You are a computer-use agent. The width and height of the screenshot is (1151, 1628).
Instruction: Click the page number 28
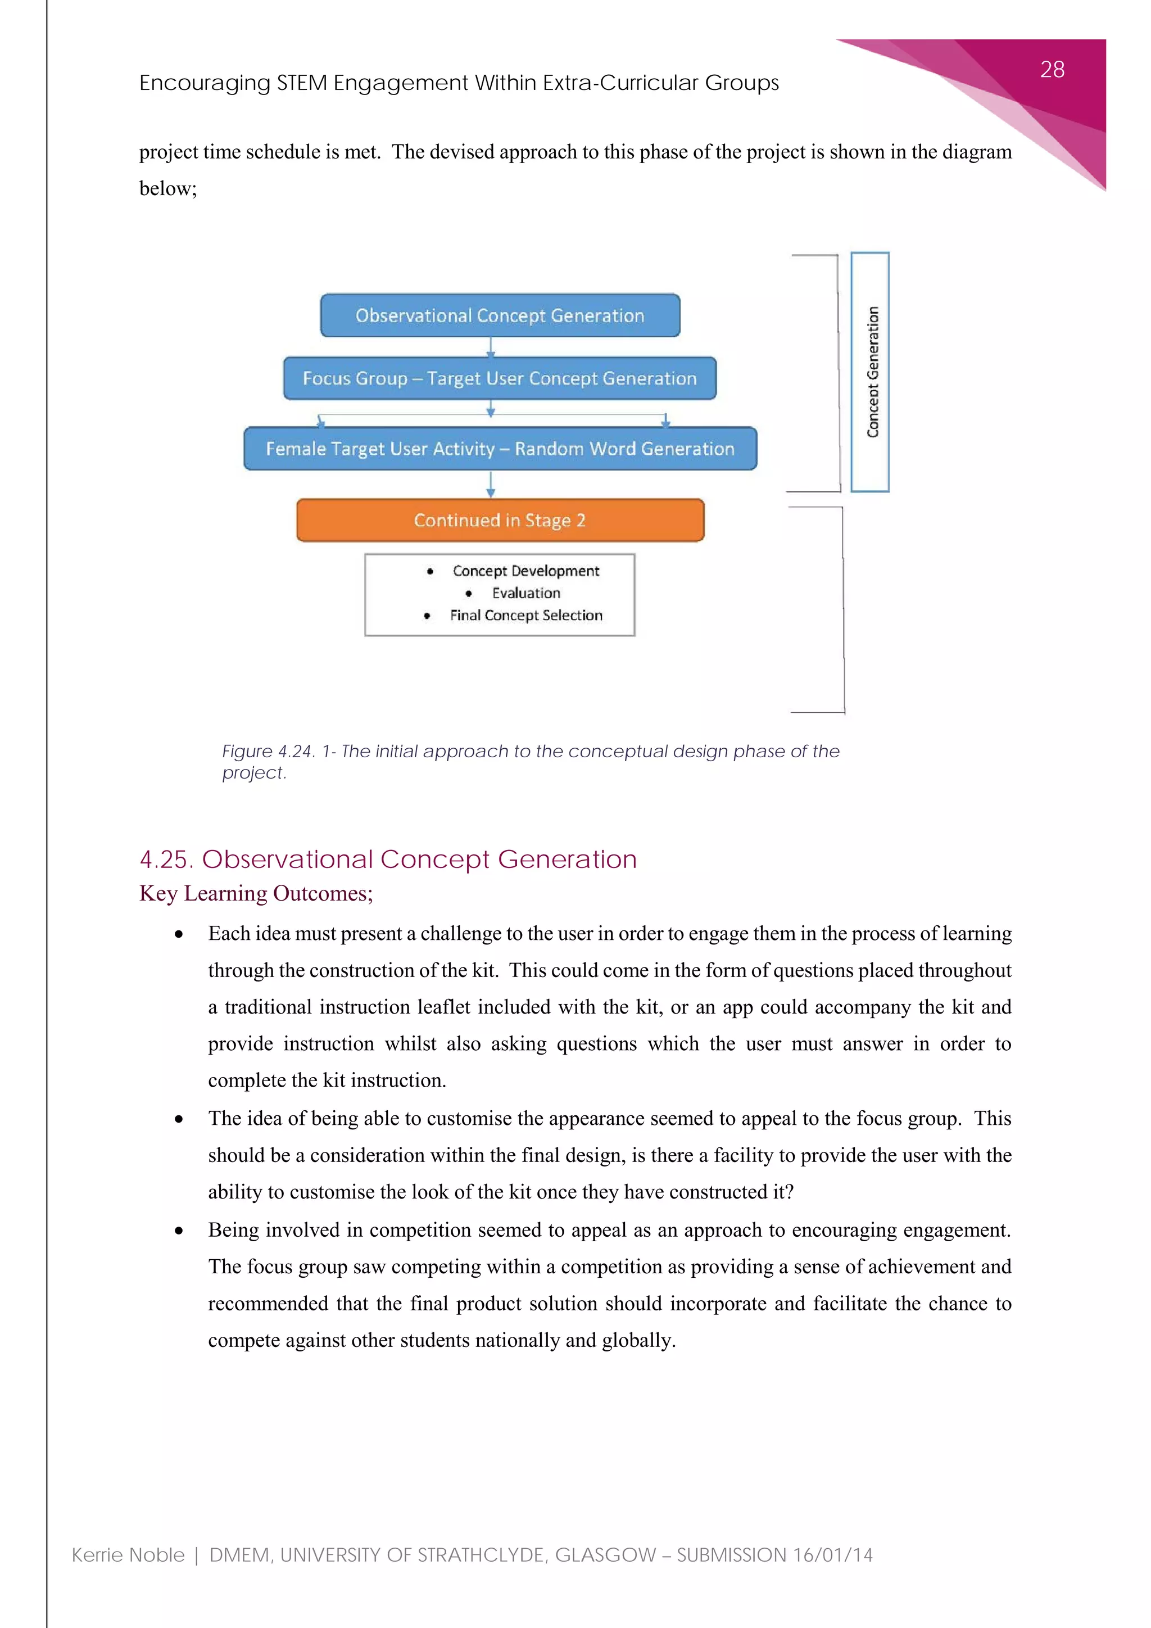click(x=1052, y=70)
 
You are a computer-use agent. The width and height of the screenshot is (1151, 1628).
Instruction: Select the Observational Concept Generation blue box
click(x=500, y=315)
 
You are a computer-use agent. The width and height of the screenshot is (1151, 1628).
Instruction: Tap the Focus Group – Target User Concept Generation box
click(x=500, y=379)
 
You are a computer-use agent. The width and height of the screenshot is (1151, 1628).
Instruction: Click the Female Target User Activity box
click(x=500, y=449)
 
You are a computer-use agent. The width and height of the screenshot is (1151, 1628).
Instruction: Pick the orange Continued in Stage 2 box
click(x=500, y=521)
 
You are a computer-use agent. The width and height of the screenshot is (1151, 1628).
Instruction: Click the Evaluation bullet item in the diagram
click(x=526, y=593)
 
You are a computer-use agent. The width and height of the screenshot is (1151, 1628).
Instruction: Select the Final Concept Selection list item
click(x=526, y=616)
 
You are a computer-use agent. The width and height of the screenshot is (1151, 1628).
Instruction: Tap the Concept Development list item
click(x=526, y=571)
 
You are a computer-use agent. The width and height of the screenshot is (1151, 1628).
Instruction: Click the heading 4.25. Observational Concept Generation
click(x=388, y=860)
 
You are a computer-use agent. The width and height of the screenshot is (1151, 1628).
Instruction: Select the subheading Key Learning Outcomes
click(x=256, y=893)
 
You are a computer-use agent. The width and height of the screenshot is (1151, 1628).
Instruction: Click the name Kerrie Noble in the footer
click(x=128, y=1555)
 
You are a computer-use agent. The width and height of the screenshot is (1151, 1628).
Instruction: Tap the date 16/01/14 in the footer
click(x=833, y=1555)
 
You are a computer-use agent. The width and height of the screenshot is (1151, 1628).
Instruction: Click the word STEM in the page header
click(x=301, y=83)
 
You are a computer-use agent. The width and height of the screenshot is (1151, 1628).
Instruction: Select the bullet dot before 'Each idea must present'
click(x=179, y=934)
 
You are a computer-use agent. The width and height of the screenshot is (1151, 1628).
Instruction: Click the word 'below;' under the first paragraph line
click(x=168, y=189)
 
